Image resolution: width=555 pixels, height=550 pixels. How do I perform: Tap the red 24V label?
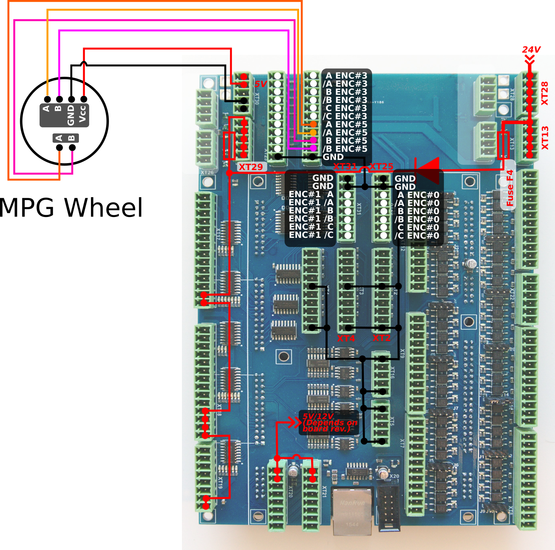tap(531, 50)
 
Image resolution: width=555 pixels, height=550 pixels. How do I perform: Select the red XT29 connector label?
tap(251, 167)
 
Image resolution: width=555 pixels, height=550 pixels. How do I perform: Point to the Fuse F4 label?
tap(510, 188)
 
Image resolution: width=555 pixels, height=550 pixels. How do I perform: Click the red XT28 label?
tap(545, 93)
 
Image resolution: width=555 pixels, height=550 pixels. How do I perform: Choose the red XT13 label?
tap(545, 138)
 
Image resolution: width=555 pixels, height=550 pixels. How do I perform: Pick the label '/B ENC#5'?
tap(345, 149)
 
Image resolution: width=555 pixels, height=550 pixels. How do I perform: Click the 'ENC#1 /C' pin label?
tap(311, 235)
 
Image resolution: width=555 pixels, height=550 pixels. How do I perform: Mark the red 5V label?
tap(261, 84)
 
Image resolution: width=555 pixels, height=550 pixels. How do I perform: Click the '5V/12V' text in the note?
tap(318, 416)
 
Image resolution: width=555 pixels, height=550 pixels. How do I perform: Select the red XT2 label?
tap(382, 338)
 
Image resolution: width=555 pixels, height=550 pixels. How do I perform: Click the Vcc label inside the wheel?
tap(82, 114)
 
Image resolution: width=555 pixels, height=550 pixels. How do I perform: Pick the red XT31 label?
tap(345, 166)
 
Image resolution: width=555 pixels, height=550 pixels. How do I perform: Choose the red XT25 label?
tap(382, 166)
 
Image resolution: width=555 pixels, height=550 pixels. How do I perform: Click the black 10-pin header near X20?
tap(388, 508)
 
